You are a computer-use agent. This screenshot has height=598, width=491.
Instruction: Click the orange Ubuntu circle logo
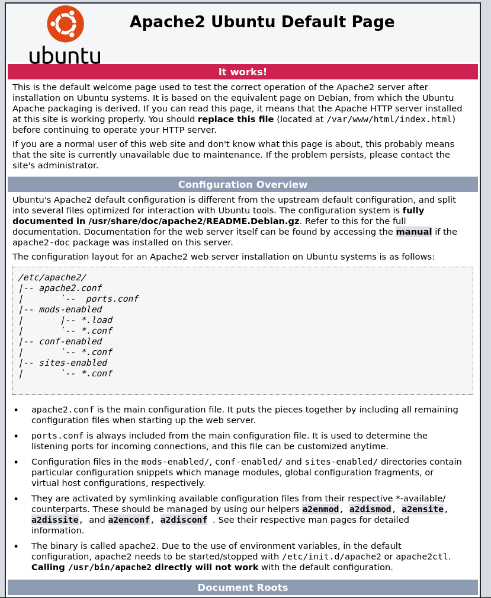coord(65,24)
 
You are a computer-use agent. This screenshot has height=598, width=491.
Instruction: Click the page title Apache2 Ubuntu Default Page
coord(262,23)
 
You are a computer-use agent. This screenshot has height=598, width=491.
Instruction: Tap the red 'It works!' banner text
coord(243,72)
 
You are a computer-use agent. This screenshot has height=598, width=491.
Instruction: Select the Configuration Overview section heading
coord(243,185)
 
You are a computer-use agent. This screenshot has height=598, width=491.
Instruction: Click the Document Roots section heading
coord(243,588)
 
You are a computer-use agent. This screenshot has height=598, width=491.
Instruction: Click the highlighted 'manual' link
coord(413,232)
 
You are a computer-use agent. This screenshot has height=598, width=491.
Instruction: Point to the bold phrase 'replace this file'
coord(236,119)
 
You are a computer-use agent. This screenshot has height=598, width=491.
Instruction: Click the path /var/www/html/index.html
coord(391,119)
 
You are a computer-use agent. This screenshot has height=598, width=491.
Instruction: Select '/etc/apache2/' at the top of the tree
coord(52,277)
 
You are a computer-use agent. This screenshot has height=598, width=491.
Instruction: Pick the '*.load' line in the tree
coord(97,320)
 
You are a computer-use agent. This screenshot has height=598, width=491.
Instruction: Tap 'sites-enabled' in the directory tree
coord(73,363)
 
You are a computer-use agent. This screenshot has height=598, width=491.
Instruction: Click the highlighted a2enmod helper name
coord(320,509)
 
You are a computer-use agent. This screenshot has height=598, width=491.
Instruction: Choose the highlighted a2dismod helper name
coord(370,509)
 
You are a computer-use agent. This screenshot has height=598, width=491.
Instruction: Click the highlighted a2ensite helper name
coord(423,509)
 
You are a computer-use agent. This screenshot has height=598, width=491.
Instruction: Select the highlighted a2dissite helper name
coord(55,520)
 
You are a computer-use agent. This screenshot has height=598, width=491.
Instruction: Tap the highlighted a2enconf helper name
coord(129,520)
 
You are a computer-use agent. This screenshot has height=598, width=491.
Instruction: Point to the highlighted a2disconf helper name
coord(184,520)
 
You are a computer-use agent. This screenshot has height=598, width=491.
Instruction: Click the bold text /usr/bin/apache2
coord(110,567)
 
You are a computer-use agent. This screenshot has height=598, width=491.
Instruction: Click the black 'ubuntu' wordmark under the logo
coord(65,55)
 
